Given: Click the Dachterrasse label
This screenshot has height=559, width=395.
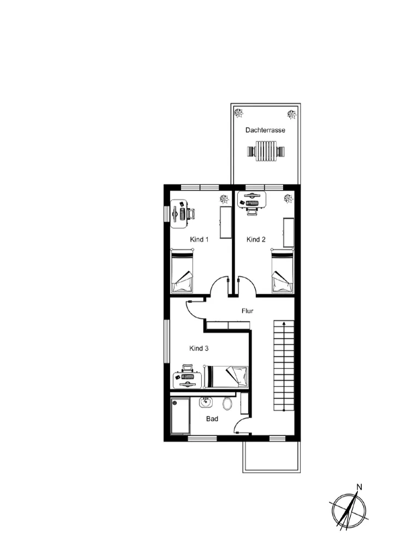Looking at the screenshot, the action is tap(265, 130).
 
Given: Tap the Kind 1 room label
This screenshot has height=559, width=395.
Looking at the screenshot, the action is tap(199, 239).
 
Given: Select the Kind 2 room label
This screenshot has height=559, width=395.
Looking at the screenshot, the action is tap(256, 239).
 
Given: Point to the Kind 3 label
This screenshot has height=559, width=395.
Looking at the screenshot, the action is tap(199, 348).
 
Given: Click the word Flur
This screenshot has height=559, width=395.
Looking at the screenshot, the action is tap(247, 311).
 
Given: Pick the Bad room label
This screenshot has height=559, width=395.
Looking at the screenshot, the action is tap(212, 419).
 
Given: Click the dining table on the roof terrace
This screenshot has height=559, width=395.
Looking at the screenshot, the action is tap(266, 151).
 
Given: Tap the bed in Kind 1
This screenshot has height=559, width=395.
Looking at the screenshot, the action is tap(182, 271).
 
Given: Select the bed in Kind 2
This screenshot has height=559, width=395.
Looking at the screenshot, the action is tap(283, 271).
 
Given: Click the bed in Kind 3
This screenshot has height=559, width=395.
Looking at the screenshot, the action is tap(225, 377).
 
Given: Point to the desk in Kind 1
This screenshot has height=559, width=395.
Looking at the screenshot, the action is tap(179, 213).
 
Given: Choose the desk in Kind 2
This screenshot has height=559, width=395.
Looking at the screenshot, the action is tap(252, 199).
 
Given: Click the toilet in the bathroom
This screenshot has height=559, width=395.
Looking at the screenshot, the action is tap(228, 403).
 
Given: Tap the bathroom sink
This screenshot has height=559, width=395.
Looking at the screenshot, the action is tap(206, 402).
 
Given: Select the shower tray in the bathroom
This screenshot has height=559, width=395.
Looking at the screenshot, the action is tap(180, 416).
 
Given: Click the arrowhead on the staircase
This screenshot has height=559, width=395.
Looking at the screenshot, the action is tap(284, 323).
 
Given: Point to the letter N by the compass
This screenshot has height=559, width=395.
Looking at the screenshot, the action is tap(360, 487).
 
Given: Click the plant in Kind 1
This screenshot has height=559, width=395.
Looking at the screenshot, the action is tap(224, 199).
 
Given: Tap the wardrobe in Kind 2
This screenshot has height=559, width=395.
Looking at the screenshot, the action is tap(289, 233).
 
